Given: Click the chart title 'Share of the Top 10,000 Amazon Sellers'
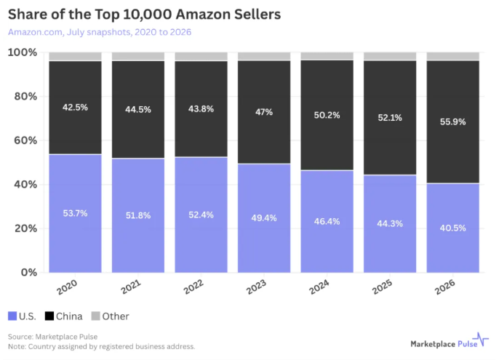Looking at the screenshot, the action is [x=144, y=15].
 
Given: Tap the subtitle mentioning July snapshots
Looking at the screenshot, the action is [x=100, y=32].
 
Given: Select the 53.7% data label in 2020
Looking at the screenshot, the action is [x=75, y=213].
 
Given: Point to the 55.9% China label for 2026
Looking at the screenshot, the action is [x=452, y=121].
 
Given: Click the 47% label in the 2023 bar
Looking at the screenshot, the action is [x=264, y=112].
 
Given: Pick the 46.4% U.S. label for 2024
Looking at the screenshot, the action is [x=327, y=221].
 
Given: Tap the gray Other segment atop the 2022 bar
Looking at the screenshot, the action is [x=201, y=56].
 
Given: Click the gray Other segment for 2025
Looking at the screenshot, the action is [x=390, y=56].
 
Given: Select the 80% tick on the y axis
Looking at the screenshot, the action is [x=25, y=96].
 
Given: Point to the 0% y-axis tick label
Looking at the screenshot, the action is [x=29, y=273].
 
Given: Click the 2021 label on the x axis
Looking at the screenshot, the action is [x=131, y=287].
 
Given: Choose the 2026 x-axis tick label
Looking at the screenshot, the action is [x=445, y=287].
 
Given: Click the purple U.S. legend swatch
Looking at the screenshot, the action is [x=12, y=316].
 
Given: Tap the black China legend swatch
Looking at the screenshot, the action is [x=49, y=316].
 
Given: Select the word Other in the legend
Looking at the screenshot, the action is [x=116, y=316].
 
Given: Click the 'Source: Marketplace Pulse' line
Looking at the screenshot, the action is [x=53, y=337].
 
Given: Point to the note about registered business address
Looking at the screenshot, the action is [x=102, y=346].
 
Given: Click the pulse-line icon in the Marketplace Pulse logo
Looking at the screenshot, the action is [x=480, y=339].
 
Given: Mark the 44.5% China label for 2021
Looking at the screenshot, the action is [x=137, y=110].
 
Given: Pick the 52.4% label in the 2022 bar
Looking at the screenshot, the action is [x=201, y=215].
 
